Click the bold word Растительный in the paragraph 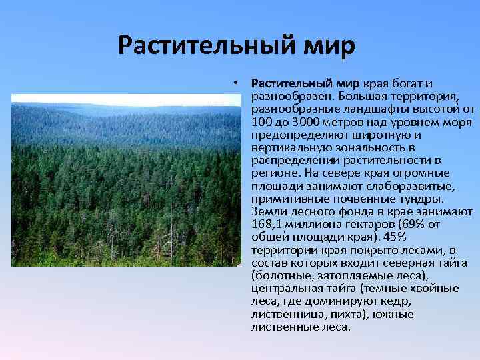[x=291, y=83]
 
